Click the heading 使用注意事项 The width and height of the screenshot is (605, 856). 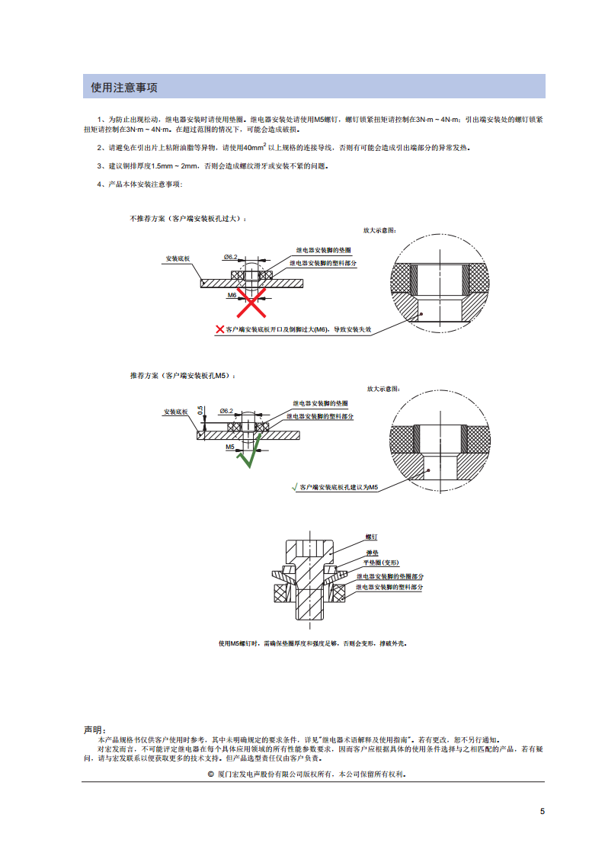point(124,88)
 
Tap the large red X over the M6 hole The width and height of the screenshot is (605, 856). point(251,303)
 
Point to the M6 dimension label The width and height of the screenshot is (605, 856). point(232,295)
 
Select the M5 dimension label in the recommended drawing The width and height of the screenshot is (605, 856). point(230,447)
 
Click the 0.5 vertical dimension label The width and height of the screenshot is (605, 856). point(200,410)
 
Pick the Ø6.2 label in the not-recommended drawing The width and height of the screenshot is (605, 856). point(230,257)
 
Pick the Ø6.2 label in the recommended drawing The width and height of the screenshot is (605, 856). point(226,411)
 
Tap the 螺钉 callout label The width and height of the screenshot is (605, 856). point(371,537)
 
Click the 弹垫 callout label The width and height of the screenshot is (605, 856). point(372,553)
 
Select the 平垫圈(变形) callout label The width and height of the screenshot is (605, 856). point(381,563)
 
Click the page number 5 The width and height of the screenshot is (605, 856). point(543,811)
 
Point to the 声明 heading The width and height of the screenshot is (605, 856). point(93,730)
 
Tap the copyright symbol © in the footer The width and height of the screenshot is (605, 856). point(210,774)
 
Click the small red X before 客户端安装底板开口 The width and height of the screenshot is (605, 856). point(220,329)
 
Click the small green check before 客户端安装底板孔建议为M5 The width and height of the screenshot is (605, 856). point(295,487)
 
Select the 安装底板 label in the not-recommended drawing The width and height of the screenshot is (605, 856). point(178,258)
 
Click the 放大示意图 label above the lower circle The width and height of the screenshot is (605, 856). point(383,389)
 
